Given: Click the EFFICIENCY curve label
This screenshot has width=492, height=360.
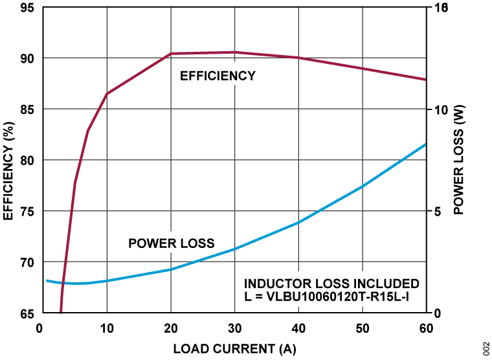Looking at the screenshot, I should click(218, 76).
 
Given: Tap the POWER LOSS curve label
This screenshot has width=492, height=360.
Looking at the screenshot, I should click(171, 243).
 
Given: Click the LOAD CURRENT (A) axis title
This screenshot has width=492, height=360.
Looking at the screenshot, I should click(234, 349).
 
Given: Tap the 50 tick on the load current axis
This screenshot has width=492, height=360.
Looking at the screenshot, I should click(363, 328).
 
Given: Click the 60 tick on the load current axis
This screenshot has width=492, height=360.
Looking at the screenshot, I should click(425, 328).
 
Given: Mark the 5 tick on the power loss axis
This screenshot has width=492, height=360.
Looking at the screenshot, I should click(438, 212).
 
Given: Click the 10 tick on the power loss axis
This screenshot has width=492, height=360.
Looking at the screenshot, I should click(441, 109).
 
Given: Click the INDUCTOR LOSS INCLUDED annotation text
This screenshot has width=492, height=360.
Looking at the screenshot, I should click(331, 284).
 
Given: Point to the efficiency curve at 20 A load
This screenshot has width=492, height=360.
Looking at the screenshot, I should click(171, 54).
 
